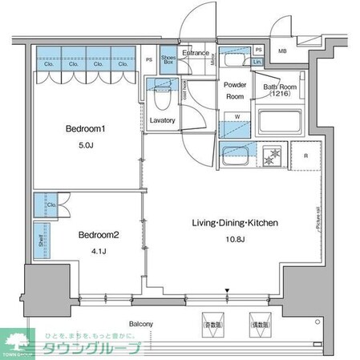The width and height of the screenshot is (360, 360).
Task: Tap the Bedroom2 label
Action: [x=99, y=235]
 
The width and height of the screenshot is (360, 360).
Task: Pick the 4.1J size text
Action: [x=99, y=251]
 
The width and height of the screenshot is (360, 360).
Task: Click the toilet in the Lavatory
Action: [x=160, y=99]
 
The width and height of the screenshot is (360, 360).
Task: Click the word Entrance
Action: [x=196, y=53]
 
